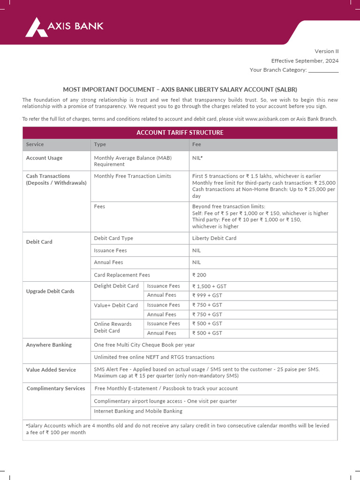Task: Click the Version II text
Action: tap(326, 52)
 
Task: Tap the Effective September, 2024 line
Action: tap(305, 61)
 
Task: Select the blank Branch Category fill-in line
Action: tap(323, 70)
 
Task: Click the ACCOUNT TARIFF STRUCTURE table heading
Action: tap(180, 133)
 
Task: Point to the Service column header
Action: tap(35, 144)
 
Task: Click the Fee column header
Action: tap(196, 144)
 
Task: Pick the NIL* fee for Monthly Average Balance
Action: tap(197, 158)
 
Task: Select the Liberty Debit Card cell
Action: tap(214, 238)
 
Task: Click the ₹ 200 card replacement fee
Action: tap(199, 275)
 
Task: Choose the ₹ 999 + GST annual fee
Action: tap(207, 295)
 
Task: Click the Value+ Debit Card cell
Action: tap(116, 305)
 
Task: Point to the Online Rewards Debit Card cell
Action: tap(113, 327)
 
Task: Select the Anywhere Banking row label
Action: tap(49, 345)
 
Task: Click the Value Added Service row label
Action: tap(51, 370)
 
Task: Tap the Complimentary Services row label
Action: tap(56, 388)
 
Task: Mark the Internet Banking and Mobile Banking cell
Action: tap(138, 411)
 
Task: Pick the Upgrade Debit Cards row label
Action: tap(50, 291)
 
